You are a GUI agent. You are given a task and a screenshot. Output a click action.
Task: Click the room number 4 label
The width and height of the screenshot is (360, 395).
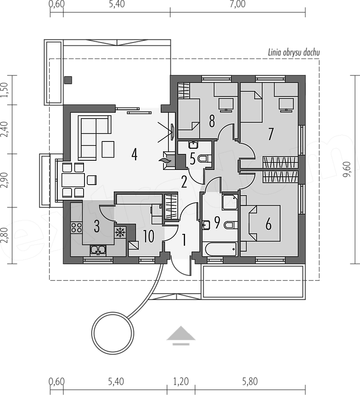(x=135, y=154)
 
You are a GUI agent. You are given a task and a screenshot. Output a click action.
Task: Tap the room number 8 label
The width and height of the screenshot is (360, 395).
(x=212, y=121)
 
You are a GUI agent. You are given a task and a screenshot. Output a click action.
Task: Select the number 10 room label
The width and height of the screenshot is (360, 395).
(x=149, y=237)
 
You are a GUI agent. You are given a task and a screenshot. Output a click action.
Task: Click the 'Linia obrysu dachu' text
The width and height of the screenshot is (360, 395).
(x=294, y=52)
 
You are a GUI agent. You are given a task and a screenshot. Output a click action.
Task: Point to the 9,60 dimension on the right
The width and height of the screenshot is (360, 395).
(x=347, y=169)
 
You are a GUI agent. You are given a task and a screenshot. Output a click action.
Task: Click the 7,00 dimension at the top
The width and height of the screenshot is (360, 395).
(x=237, y=4)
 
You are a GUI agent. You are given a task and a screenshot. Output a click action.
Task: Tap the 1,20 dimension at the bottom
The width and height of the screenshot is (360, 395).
(x=181, y=381)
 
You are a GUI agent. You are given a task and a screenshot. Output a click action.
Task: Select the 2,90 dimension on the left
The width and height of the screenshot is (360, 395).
(x=5, y=180)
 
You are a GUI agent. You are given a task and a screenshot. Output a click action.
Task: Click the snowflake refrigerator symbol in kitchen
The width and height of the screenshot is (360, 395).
(x=120, y=232)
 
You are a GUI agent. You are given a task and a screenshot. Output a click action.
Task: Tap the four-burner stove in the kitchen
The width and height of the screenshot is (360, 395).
(x=76, y=227)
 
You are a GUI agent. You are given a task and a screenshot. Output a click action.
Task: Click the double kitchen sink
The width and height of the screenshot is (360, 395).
(x=98, y=250)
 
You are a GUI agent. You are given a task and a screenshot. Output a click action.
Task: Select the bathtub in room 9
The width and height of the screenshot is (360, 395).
(x=221, y=249)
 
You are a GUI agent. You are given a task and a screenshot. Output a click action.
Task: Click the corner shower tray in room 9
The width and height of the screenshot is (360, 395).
(x=230, y=202)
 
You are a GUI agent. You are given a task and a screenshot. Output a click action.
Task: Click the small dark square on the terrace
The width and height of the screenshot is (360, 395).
(x=68, y=80)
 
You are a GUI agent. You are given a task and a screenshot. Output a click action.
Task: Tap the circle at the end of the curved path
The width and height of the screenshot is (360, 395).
(x=112, y=333)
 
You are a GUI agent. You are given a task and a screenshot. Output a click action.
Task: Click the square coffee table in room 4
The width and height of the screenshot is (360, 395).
(x=108, y=149)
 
